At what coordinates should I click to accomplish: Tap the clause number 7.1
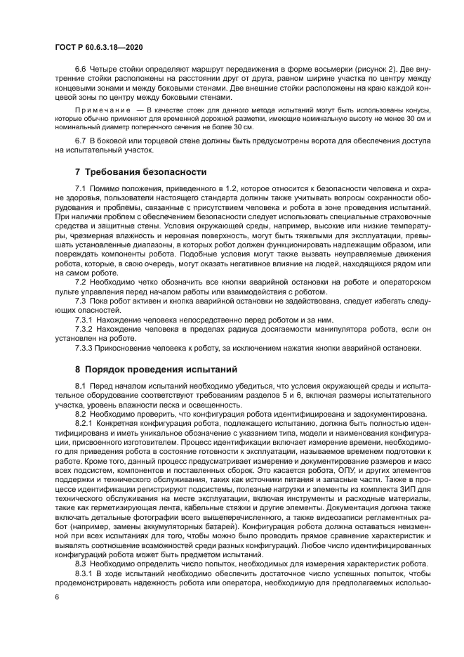(81, 190)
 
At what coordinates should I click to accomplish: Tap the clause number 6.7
(81, 142)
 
